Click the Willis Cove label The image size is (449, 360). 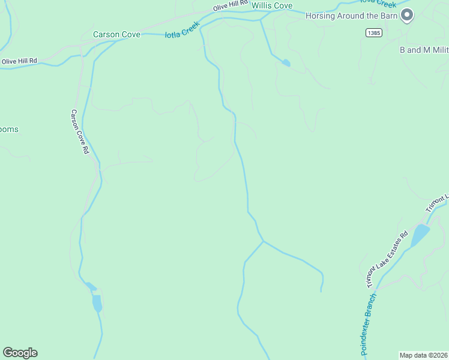pyautogui.click(x=272, y=6)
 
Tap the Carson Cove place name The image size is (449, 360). pyautogui.click(x=116, y=35)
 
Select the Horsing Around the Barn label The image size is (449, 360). pyautogui.click(x=351, y=16)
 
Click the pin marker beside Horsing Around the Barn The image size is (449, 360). pyautogui.click(x=407, y=14)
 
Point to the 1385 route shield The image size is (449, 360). pyautogui.click(x=373, y=33)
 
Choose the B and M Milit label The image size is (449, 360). pyautogui.click(x=424, y=50)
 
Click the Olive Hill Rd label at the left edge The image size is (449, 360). pyautogui.click(x=19, y=61)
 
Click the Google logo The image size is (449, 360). pyautogui.click(x=20, y=353)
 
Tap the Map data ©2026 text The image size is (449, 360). pyautogui.click(x=424, y=355)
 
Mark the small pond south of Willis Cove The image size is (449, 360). pyautogui.click(x=286, y=62)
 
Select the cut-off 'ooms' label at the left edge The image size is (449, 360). pyautogui.click(x=9, y=130)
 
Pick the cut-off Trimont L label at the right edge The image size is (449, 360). pyautogui.click(x=438, y=203)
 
